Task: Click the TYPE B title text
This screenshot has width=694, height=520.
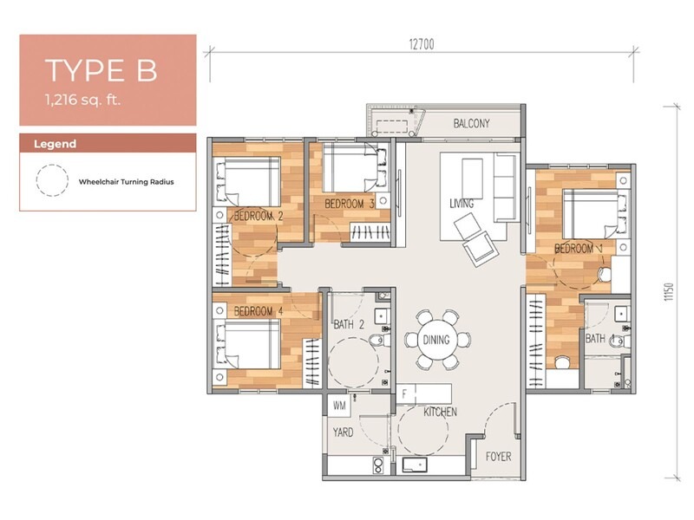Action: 101,70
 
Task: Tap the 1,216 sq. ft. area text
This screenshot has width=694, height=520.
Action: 82,100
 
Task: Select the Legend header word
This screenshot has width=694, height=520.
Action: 55,144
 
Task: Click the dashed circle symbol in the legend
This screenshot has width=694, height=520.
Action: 52,180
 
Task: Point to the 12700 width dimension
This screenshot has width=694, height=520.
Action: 422,44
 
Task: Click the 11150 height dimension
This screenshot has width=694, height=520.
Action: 668,292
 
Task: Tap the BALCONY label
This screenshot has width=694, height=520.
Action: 471,123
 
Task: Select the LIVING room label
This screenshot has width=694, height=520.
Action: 462,204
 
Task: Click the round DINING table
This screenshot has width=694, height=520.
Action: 436,340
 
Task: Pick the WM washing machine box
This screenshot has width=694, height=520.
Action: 339,406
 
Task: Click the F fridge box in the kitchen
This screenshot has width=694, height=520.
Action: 404,393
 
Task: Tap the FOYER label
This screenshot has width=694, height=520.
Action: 498,457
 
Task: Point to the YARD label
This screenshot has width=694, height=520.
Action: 343,432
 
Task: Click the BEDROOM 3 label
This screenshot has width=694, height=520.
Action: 350,204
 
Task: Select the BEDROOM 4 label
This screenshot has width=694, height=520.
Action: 259,311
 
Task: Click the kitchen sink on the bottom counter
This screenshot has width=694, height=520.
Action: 415,465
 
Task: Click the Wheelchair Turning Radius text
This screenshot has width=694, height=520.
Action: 126,182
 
